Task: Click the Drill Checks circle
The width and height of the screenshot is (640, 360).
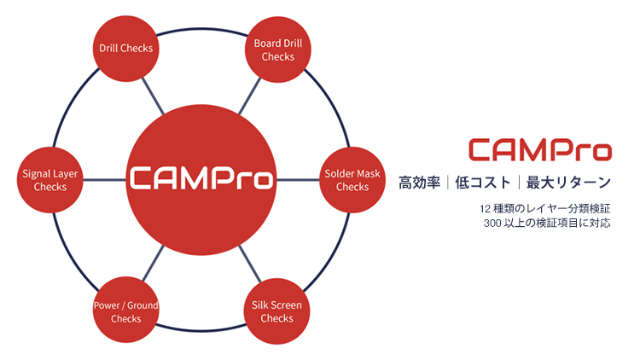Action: click(x=125, y=49)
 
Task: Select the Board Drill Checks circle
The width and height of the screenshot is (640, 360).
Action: click(x=278, y=49)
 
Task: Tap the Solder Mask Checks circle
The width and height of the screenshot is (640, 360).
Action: click(x=352, y=180)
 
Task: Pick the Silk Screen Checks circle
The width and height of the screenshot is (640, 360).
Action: click(x=276, y=311)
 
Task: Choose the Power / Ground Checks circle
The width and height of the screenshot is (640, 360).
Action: click(x=125, y=311)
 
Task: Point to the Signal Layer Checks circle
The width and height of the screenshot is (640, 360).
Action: click(x=49, y=180)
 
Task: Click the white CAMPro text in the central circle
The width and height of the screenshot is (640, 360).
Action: click(x=201, y=178)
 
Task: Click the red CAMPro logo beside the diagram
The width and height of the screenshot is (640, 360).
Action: click(x=540, y=150)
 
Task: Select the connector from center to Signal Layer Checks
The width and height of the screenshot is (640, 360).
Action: click(x=104, y=180)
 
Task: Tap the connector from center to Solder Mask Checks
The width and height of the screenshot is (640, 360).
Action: click(x=298, y=180)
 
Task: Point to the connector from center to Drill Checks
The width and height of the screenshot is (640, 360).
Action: click(x=153, y=96)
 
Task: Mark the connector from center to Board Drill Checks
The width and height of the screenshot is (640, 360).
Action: click(x=249, y=96)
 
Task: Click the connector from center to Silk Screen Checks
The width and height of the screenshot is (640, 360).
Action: click(x=250, y=264)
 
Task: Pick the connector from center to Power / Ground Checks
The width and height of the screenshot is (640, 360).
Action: click(x=153, y=264)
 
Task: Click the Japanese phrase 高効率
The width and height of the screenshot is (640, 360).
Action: click(x=420, y=183)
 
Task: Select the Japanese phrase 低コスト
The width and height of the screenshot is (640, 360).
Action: click(x=483, y=183)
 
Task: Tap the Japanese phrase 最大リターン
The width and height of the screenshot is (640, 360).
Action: click(x=568, y=183)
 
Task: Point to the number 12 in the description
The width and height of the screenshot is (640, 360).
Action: click(x=485, y=209)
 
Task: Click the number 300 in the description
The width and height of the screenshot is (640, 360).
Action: click(x=492, y=224)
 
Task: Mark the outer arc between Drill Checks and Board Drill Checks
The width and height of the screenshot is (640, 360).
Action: click(x=201, y=29)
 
